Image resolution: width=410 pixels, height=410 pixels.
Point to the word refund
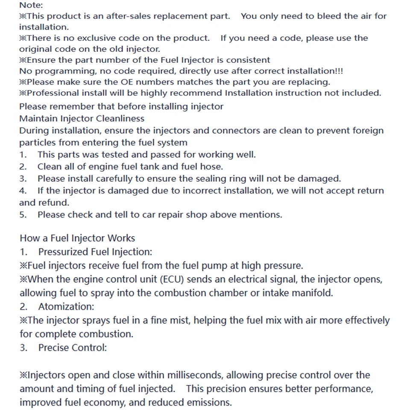tap(54, 202)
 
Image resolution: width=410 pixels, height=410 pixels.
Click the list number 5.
tap(23, 214)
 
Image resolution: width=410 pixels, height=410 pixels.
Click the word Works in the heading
tap(121, 238)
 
